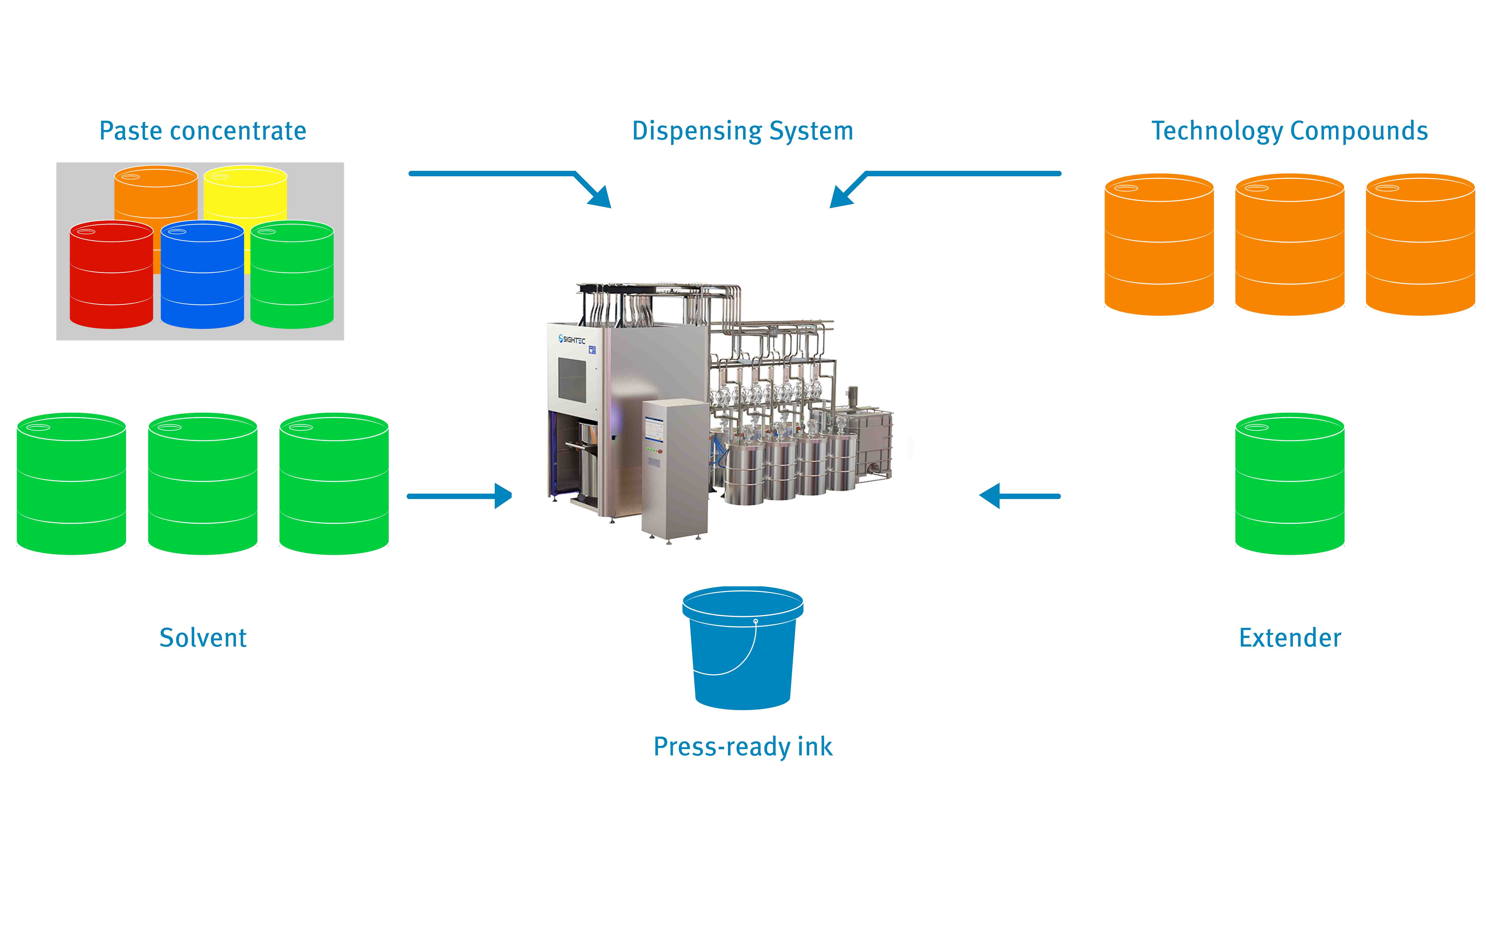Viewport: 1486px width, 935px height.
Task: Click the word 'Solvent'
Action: click(x=203, y=638)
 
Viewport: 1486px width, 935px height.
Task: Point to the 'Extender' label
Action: click(x=1290, y=638)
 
